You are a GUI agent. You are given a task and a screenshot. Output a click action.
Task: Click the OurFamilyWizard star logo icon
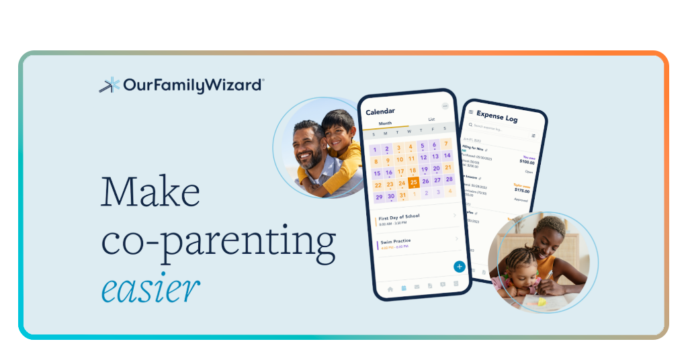pos(110,85)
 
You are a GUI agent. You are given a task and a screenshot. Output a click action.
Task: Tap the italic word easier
pos(150,288)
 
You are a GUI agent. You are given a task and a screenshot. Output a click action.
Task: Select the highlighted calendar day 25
pos(413,181)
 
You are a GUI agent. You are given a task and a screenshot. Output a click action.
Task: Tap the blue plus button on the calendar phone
pos(460,266)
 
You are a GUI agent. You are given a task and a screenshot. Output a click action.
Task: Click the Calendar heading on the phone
pos(380,111)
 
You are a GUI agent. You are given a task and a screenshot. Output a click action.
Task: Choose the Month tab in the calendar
pos(385,124)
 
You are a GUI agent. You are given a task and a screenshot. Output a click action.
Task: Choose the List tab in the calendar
pos(431,120)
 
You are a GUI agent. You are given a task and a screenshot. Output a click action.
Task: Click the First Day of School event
pos(399,217)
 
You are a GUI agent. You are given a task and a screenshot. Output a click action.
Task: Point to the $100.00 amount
pos(527,161)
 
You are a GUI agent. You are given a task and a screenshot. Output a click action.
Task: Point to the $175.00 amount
pos(522,190)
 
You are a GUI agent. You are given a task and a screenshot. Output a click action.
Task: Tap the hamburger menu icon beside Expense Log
pos(470,112)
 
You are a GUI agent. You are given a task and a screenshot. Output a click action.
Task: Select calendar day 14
pos(447,156)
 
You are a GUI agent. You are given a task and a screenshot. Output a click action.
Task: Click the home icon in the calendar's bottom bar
pos(390,289)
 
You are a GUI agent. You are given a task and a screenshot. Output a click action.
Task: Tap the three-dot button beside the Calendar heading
pos(445,106)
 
